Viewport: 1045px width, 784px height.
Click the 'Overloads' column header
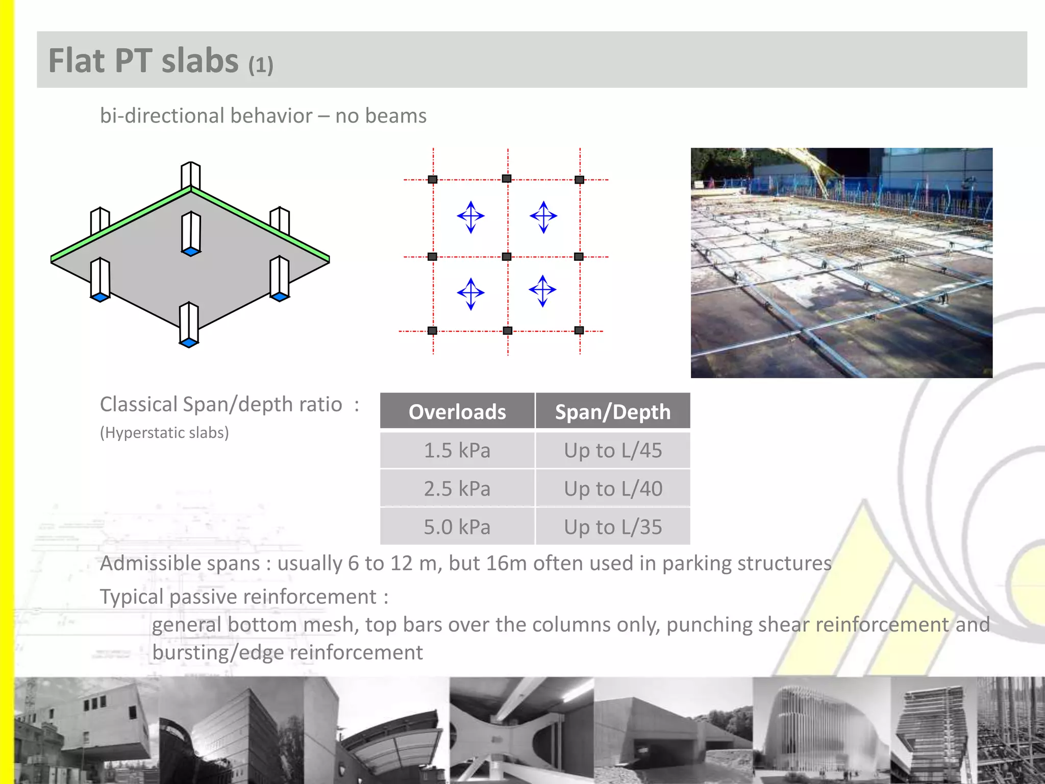(457, 411)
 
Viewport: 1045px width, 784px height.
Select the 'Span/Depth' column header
(612, 411)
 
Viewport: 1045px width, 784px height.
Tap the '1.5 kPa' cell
(457, 450)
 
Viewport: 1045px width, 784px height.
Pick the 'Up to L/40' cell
(612, 488)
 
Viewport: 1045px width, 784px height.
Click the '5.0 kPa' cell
(457, 527)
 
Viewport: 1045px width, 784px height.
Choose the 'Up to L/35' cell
(612, 527)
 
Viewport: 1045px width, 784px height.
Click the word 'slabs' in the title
(200, 61)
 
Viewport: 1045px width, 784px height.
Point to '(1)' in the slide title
(261, 65)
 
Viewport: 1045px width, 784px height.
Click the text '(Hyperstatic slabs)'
(164, 433)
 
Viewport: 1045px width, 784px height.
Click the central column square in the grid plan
(507, 256)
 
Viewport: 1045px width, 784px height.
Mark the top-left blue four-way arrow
(470, 216)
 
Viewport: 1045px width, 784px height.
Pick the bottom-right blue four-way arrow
(542, 290)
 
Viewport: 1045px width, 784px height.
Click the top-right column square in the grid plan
(579, 180)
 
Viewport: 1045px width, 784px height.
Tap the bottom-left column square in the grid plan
(432, 331)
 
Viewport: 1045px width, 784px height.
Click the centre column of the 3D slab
(191, 233)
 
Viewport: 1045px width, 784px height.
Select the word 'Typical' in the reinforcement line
(131, 597)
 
